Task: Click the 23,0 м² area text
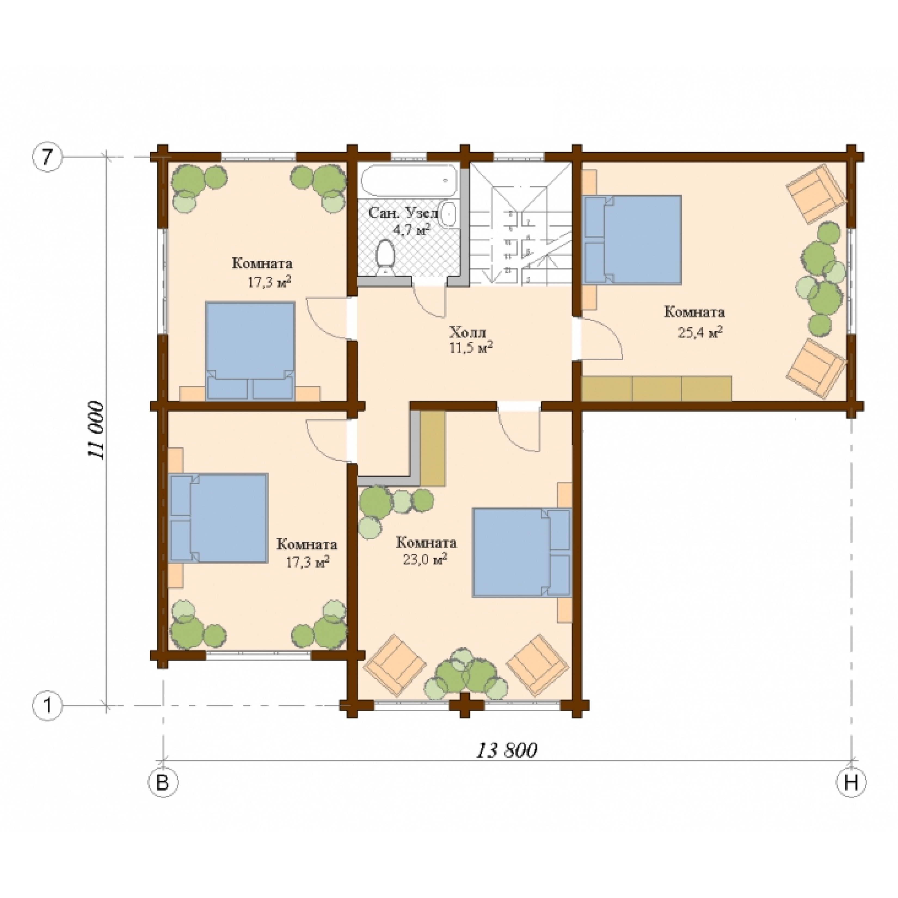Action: click(x=425, y=558)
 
